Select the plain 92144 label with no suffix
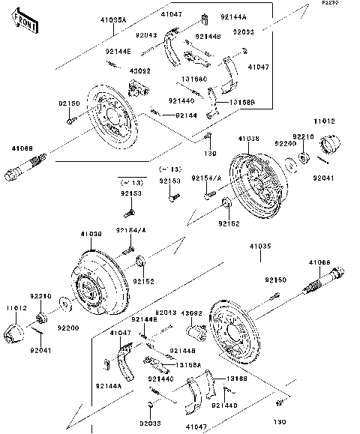pyautogui.click(x=186, y=115)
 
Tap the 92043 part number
pyautogui.click(x=146, y=35)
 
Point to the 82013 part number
pyautogui.click(x=166, y=312)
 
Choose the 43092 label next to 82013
pyautogui.click(x=193, y=312)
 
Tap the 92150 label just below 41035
pyautogui.click(x=274, y=280)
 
